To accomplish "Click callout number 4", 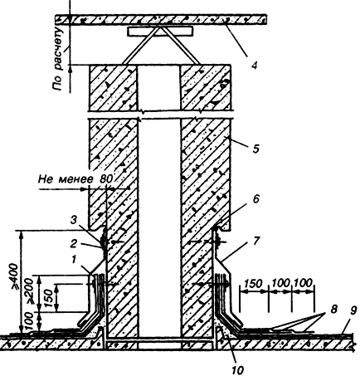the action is pyautogui.click(x=255, y=66).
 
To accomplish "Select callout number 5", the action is pyautogui.click(x=255, y=149).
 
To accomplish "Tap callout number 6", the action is pyautogui.click(x=255, y=199).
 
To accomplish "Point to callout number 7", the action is pyautogui.click(x=255, y=241).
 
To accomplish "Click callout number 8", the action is pyautogui.click(x=334, y=309).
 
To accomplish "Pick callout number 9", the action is pyautogui.click(x=353, y=310).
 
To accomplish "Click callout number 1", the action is pyautogui.click(x=74, y=260).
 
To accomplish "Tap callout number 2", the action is pyautogui.click(x=73, y=244).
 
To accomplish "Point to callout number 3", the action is pyautogui.click(x=73, y=221).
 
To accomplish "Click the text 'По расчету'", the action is pyautogui.click(x=58, y=58).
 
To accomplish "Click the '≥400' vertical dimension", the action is pyautogui.click(x=15, y=276).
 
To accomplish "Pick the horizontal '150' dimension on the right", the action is pyautogui.click(x=253, y=283).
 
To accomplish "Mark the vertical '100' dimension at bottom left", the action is pyautogui.click(x=31, y=321).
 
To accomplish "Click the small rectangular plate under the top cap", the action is pyautogui.click(x=159, y=32).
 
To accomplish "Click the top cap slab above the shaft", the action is pyautogui.click(x=161, y=20).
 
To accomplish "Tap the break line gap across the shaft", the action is pyautogui.click(x=161, y=115).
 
